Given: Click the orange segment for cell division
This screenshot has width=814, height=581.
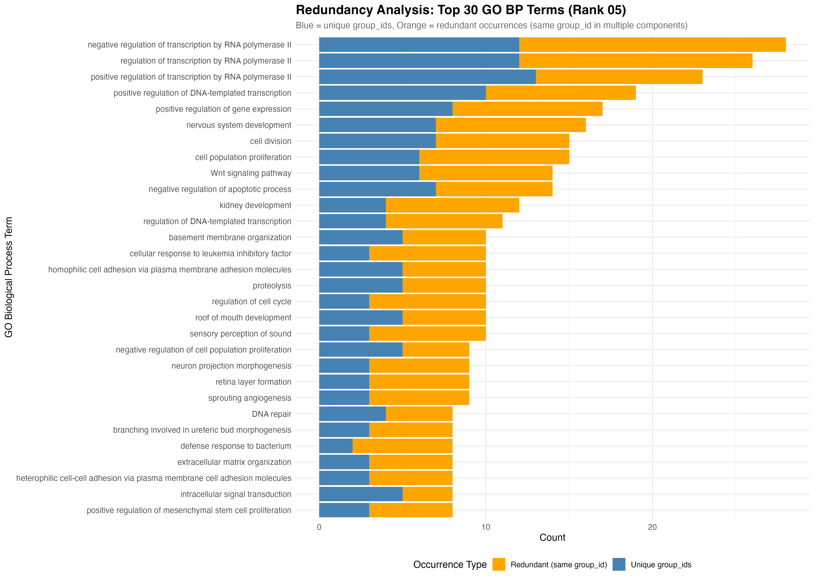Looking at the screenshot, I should pos(502,141).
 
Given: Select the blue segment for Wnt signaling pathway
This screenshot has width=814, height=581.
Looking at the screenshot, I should pos(369,173).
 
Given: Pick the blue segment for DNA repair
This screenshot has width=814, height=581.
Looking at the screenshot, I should pos(352,414).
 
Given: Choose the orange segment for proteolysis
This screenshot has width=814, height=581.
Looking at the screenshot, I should pos(444,285).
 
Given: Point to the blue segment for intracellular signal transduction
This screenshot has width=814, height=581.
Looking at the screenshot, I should pos(361,494).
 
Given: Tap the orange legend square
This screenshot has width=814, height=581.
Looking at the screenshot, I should pos(499,564).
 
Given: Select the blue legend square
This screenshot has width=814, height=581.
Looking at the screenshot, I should pos(619,564).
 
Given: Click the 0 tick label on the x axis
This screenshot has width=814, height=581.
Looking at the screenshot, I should pos(319,527).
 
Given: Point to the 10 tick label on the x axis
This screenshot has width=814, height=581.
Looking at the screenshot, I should pos(486,527).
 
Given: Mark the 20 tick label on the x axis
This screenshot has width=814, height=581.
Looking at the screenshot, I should pos(652,527).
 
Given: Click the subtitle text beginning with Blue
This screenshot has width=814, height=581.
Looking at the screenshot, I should pos(492,25).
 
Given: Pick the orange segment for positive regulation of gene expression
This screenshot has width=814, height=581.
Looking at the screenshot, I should pos(527,109).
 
